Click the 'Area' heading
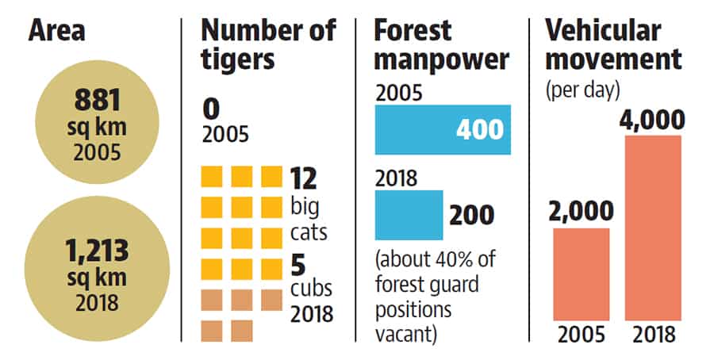click(x=56, y=31)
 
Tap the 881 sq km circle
click(x=97, y=122)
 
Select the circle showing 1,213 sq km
click(x=97, y=269)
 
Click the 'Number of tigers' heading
click(x=269, y=45)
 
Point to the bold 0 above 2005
click(x=211, y=109)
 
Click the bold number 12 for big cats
click(x=303, y=179)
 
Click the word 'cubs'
click(x=312, y=289)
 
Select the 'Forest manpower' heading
click(x=441, y=45)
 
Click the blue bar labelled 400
click(x=443, y=130)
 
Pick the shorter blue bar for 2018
click(x=409, y=215)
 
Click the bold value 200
click(x=472, y=215)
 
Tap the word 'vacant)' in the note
click(x=406, y=334)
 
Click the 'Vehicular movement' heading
click(x=613, y=45)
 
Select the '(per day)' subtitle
click(x=583, y=90)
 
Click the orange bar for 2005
click(x=582, y=274)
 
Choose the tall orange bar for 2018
click(x=653, y=228)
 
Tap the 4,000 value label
click(x=652, y=121)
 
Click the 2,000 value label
click(x=582, y=212)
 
